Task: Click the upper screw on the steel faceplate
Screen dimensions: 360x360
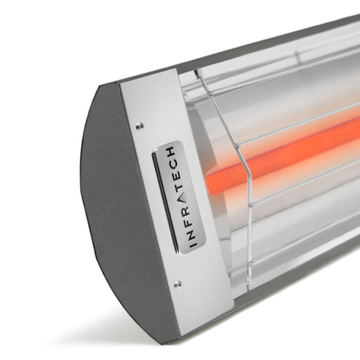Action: tap(139, 125)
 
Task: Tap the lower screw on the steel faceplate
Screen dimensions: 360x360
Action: tap(177, 284)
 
